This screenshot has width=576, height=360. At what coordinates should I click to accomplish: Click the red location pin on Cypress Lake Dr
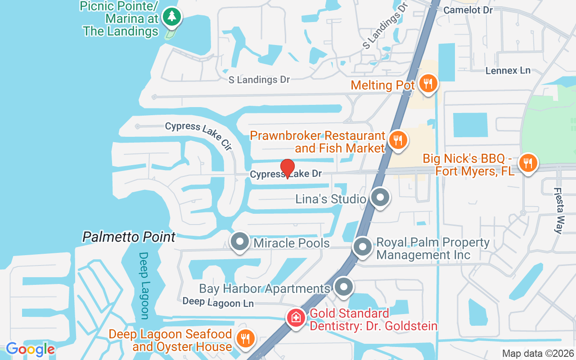288,168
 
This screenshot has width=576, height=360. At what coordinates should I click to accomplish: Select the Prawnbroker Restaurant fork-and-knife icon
397,139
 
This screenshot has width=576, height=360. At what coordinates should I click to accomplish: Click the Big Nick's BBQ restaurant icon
528,162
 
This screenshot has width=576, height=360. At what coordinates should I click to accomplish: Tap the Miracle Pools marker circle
240,242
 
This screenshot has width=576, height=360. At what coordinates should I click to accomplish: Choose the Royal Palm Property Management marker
362,247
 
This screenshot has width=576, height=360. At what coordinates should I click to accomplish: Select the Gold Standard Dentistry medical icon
296,318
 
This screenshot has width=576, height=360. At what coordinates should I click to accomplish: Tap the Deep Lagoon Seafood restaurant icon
245,339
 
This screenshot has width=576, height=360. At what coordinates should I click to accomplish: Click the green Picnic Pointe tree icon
171,17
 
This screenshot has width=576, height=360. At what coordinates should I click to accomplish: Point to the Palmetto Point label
129,237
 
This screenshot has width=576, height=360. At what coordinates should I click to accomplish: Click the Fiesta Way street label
558,211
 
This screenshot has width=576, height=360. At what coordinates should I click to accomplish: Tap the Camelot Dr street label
468,10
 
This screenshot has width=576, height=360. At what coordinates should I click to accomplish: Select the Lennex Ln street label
508,70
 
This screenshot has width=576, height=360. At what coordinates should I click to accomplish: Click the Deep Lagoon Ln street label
218,302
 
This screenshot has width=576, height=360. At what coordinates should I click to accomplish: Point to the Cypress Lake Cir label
198,135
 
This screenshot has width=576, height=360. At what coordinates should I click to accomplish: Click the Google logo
30,349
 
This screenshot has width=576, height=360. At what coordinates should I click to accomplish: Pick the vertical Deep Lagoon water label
144,285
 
